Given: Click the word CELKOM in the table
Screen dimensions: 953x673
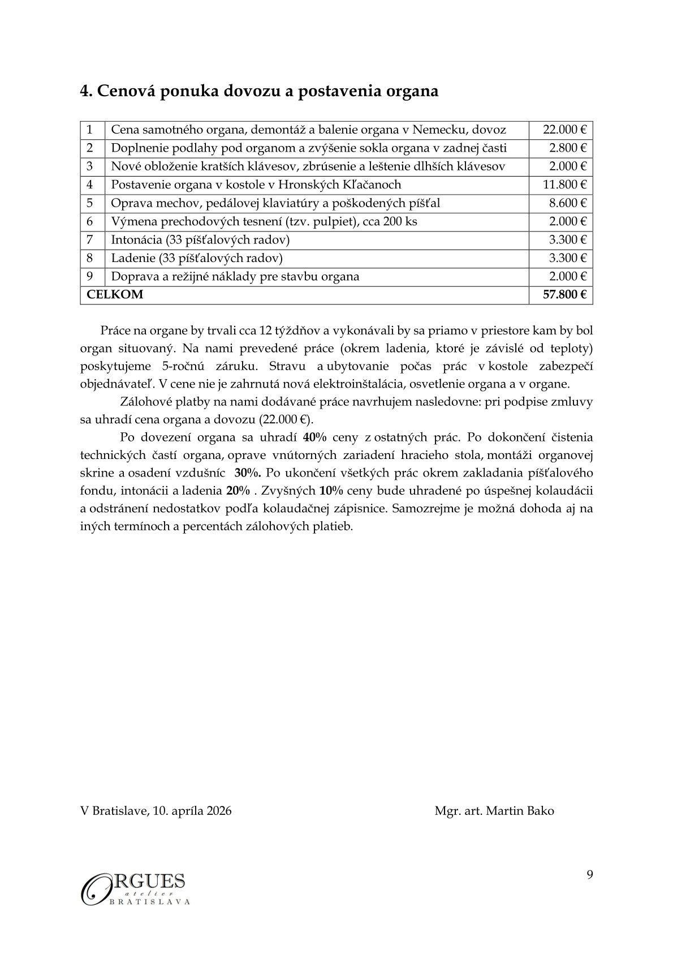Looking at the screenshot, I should pos(115,294).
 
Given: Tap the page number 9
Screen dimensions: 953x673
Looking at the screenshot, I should pos(590,875).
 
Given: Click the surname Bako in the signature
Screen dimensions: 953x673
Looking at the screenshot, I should pos(540,810).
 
